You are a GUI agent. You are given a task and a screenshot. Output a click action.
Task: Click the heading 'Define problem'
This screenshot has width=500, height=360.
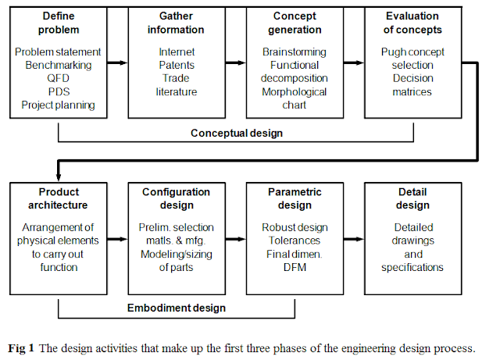(x=58, y=23)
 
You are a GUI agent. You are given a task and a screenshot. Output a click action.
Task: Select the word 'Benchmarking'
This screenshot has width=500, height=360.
(x=58, y=66)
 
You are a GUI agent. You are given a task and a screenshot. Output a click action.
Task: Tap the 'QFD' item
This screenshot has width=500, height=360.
(x=58, y=79)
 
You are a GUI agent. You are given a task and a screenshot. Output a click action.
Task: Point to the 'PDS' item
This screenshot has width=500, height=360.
(x=58, y=92)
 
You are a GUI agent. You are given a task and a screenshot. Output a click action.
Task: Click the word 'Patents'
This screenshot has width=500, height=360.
(x=176, y=66)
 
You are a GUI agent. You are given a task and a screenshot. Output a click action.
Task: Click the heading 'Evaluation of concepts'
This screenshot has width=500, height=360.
(x=413, y=23)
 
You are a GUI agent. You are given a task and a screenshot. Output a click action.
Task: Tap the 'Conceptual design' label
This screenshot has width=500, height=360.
(x=237, y=133)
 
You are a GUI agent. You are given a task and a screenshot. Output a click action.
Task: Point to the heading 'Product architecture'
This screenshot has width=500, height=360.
(x=58, y=198)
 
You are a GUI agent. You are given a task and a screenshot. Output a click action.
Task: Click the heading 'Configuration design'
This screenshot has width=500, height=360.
(x=176, y=198)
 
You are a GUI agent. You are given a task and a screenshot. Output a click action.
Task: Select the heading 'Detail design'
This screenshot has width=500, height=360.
(x=413, y=198)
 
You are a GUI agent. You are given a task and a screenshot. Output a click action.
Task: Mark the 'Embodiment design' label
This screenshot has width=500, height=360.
(x=177, y=308)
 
